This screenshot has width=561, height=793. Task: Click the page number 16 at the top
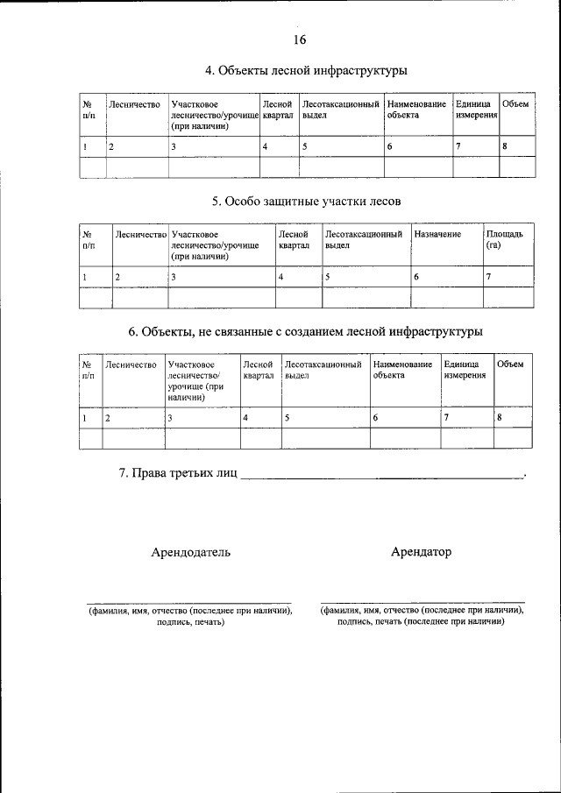click(x=299, y=40)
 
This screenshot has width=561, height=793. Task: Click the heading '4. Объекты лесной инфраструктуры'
click(x=306, y=70)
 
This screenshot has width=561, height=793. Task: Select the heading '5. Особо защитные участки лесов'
click(x=306, y=201)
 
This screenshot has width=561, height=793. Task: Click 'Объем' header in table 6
click(x=510, y=364)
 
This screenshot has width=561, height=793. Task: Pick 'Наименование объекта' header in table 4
click(x=416, y=110)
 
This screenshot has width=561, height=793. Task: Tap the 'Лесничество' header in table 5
click(x=140, y=235)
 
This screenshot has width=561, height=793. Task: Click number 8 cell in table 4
click(x=505, y=146)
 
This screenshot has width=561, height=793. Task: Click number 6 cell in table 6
click(x=375, y=418)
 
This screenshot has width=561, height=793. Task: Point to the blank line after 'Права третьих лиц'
click(x=380, y=477)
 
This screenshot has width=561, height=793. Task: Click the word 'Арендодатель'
click(x=191, y=552)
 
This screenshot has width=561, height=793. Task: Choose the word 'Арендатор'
click(x=422, y=552)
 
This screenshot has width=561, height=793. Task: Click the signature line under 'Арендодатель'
click(x=189, y=602)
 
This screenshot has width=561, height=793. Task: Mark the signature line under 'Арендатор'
click(x=422, y=602)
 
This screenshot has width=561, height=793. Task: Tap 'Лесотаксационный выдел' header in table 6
click(x=323, y=369)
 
